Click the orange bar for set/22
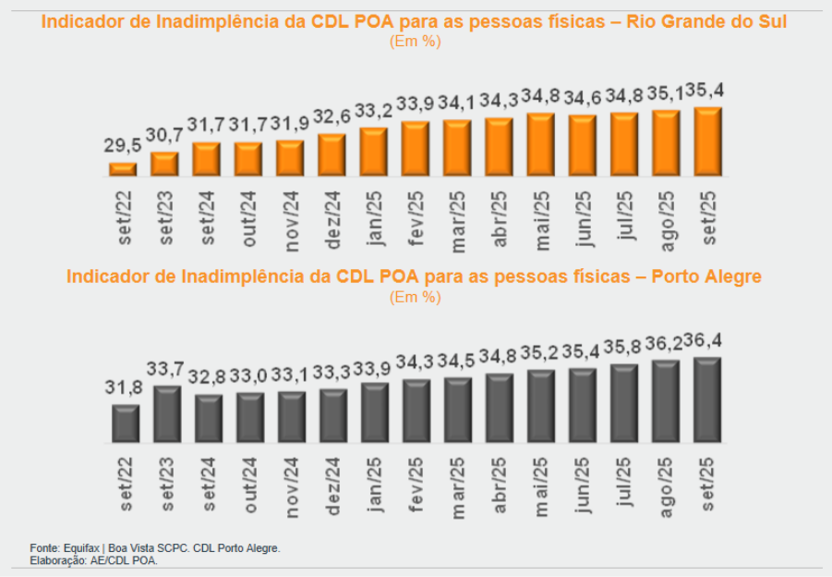coord(123,169)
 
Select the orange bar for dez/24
coord(332,154)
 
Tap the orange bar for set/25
coord(707,141)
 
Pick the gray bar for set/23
coord(167,413)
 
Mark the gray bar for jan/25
coord(375,411)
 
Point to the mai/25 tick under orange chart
coord(540,215)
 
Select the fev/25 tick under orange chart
coord(416,215)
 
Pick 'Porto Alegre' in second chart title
coord(705,276)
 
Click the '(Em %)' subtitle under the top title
coord(415,41)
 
